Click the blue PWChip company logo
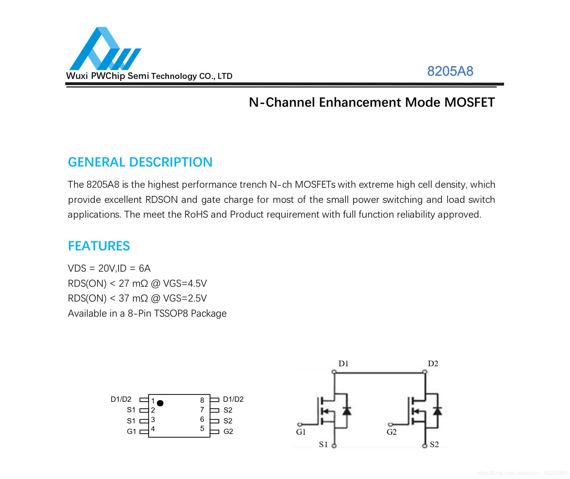pos(105,48)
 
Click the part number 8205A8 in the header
pos(450,71)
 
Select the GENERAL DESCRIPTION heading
pos(140,162)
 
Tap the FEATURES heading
pos(99,246)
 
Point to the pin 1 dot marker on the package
pos(160,403)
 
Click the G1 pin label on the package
pos(131,431)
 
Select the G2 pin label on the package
pos(228,431)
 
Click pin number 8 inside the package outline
pos(202,400)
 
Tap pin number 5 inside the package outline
pos(202,428)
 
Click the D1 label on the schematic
pos(343,363)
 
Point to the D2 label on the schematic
pos(433,363)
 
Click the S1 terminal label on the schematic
pos(323,444)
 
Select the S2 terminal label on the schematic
pos(434,444)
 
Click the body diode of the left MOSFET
pos(347,411)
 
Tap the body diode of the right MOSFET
pos(437,411)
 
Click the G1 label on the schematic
pos(301,432)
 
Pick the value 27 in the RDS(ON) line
pos(124,283)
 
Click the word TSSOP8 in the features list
pos(171,313)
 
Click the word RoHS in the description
pos(196,214)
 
